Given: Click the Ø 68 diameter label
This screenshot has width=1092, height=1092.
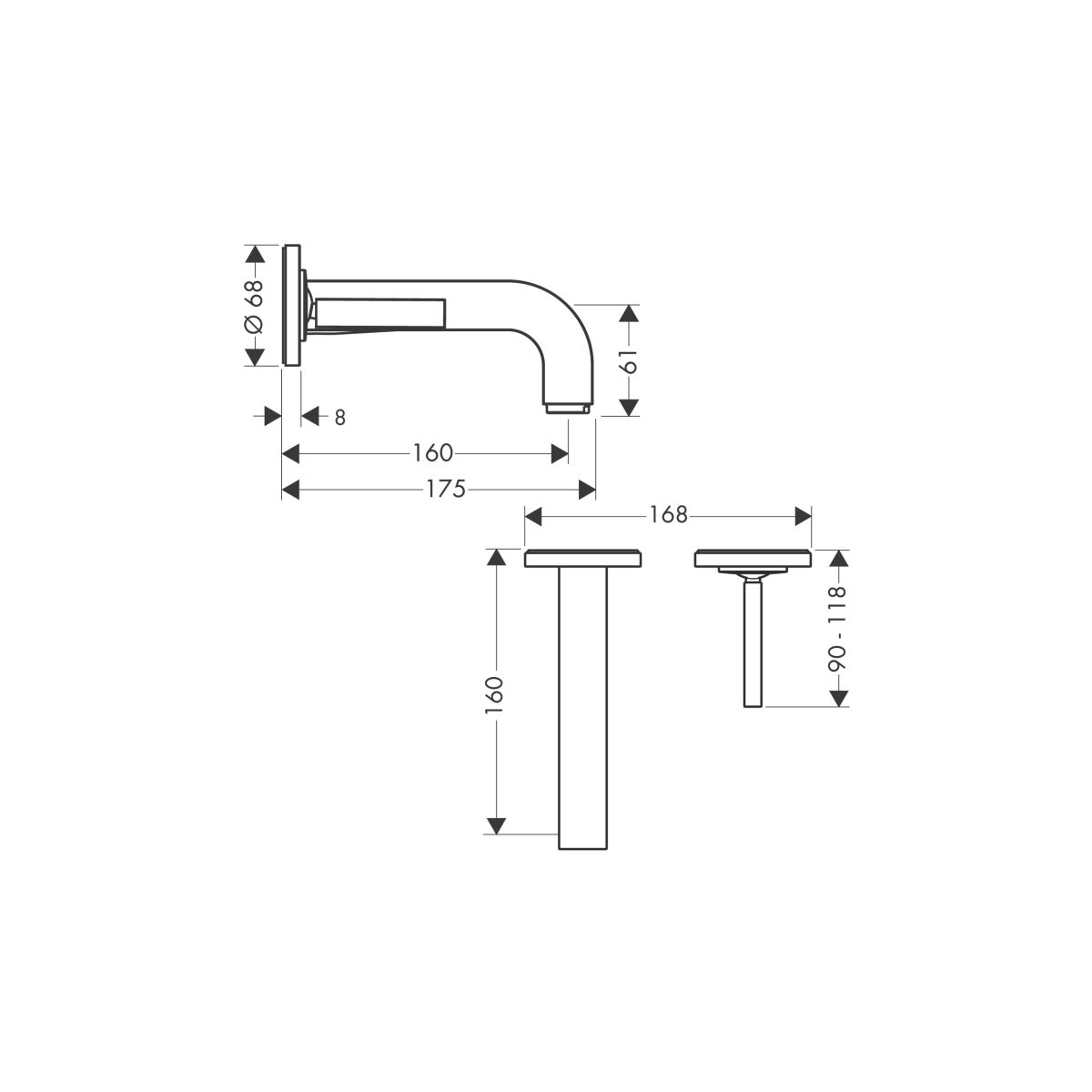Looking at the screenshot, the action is pyautogui.click(x=254, y=306).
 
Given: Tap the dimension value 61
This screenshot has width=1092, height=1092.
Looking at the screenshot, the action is pyautogui.click(x=629, y=361).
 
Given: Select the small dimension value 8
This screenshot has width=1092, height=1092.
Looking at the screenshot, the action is pyautogui.click(x=339, y=418).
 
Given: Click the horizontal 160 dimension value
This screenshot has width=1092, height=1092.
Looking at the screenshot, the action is pyautogui.click(x=432, y=453).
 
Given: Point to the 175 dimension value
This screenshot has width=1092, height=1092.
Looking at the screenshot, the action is pyautogui.click(x=446, y=489).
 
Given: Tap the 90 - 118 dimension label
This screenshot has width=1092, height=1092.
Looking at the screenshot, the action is pyautogui.click(x=836, y=629).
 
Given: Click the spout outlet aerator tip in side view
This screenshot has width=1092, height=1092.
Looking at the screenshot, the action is pyautogui.click(x=567, y=409).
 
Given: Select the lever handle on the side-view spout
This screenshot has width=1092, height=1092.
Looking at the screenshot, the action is pyautogui.click(x=380, y=313).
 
